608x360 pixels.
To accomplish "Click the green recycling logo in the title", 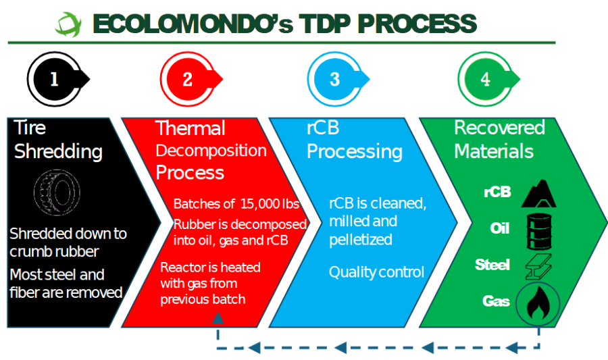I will tap(68, 24).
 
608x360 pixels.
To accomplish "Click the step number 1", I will tap(54, 80).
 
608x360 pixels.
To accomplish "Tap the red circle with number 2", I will tap(187, 80).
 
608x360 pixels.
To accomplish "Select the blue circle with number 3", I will tap(334, 79).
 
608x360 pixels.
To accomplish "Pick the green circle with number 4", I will tap(484, 79).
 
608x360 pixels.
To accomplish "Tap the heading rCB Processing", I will tap(354, 140).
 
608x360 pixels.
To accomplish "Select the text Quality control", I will tap(376, 272).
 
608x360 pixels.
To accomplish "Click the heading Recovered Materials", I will tap(499, 138).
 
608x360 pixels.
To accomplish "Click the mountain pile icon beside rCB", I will tap(538, 192).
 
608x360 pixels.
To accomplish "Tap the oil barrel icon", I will tap(538, 228).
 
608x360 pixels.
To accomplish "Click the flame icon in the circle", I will tap(538, 303).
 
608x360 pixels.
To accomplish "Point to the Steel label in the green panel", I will tap(492, 265).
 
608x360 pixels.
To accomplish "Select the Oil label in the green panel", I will tap(500, 228).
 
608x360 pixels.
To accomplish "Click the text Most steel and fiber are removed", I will tap(66, 284).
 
